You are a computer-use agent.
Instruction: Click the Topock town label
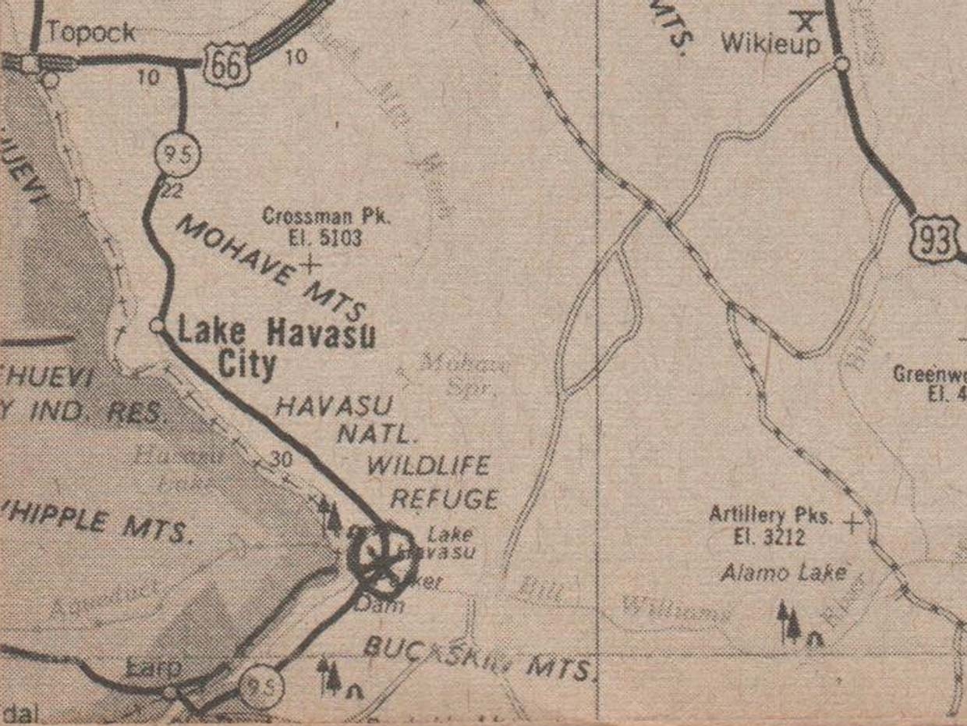click(x=90, y=33)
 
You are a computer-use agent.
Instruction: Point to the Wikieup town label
click(x=770, y=44)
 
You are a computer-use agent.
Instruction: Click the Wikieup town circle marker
click(x=841, y=63)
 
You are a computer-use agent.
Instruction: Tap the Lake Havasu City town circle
click(x=158, y=326)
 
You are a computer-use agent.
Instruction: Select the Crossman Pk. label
click(x=326, y=216)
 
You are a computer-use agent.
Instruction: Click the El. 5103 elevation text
click(x=326, y=238)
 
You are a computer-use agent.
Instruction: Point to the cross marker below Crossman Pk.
click(x=310, y=265)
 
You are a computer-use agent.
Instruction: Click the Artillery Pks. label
click(x=770, y=515)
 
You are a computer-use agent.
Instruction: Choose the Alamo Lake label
click(x=783, y=573)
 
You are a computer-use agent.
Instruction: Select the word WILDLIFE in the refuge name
click(x=428, y=466)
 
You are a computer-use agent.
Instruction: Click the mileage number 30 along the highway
click(x=282, y=459)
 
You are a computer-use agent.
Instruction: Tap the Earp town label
click(x=154, y=668)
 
